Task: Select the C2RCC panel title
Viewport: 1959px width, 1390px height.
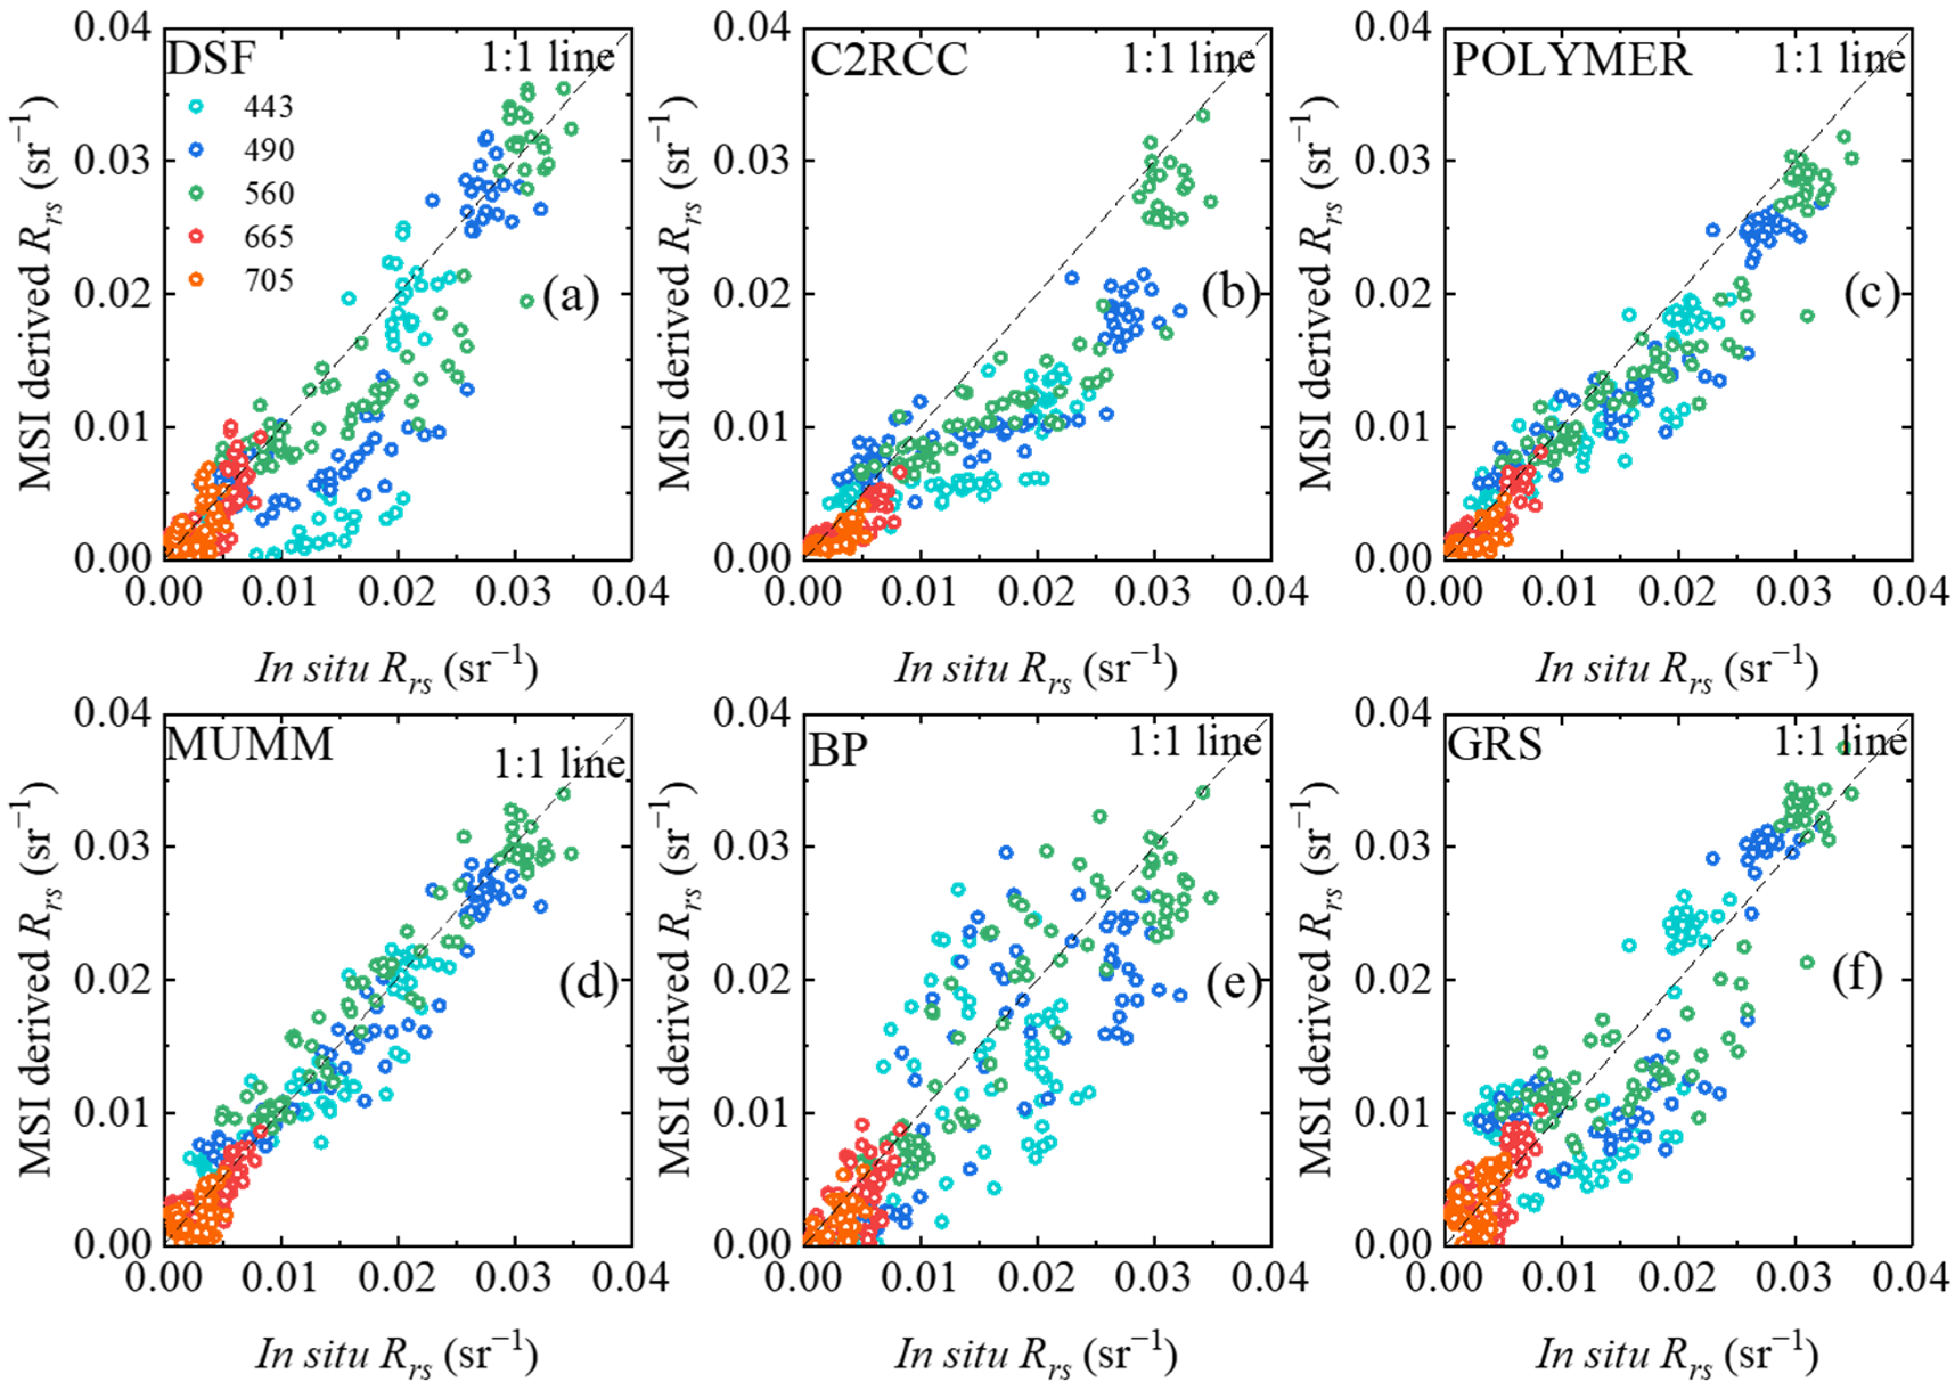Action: click(888, 60)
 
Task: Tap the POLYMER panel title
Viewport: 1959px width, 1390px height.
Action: click(1571, 60)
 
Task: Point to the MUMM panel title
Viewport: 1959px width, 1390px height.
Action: click(248, 743)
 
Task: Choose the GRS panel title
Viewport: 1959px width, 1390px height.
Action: click(1494, 743)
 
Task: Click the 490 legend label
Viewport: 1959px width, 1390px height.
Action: click(268, 150)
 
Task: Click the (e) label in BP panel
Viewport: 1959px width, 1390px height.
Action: click(1234, 984)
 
